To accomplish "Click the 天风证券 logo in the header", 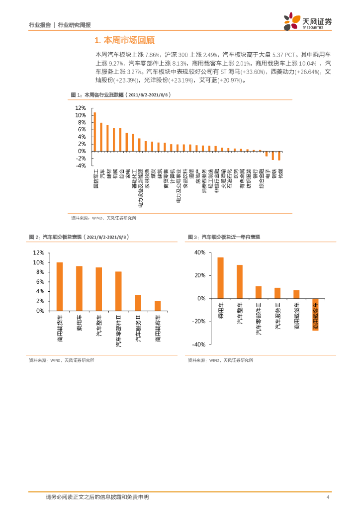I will point(308,21).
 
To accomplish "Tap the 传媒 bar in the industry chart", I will point(279,156).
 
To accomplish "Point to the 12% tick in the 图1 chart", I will point(80,107).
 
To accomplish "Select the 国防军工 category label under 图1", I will point(95,177).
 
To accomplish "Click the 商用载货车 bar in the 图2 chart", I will point(60,286).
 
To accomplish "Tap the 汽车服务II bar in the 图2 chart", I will point(138,303).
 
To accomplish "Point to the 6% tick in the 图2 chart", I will point(38,282).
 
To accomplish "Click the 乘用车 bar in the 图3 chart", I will point(220,278).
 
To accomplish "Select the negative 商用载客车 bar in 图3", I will point(315,315).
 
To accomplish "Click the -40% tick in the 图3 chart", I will point(199,344).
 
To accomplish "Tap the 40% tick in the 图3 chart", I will point(199,253).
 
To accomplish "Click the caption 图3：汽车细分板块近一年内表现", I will point(227,237).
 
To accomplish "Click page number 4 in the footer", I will point(328,497).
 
